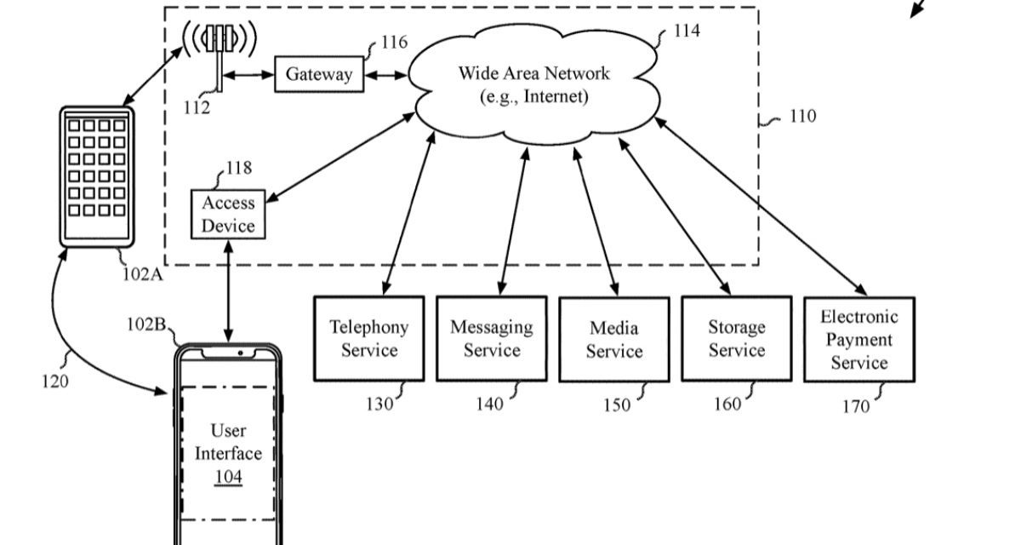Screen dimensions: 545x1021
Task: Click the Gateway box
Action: [x=319, y=74]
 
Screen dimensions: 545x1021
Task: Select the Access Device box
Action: [x=228, y=215]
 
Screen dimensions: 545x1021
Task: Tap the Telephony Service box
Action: [x=368, y=338]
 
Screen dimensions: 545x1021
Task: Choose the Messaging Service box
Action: [x=491, y=338]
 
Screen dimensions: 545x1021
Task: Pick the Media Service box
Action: [x=613, y=339]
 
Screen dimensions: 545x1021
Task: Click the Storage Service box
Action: [x=736, y=338]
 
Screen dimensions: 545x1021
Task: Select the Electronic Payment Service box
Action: [x=858, y=340]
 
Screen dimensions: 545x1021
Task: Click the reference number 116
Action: [x=393, y=42]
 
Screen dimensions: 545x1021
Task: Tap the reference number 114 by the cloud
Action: [x=687, y=31]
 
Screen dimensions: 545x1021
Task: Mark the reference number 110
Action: [x=801, y=116]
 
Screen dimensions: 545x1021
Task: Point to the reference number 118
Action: [x=238, y=169]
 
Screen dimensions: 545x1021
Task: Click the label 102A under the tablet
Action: [x=143, y=274]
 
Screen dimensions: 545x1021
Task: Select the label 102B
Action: [x=145, y=324]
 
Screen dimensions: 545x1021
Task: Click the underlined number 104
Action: [x=228, y=477]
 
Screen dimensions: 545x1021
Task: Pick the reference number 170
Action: [x=856, y=406]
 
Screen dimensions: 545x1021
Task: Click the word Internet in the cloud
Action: [x=556, y=96]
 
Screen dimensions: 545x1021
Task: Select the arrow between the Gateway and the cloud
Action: [x=387, y=75]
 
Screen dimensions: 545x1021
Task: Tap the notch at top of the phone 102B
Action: [x=228, y=352]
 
